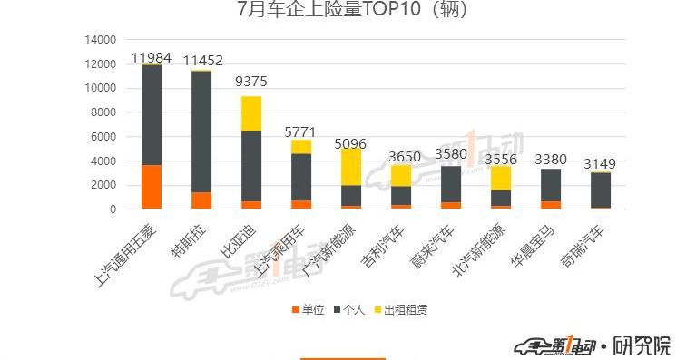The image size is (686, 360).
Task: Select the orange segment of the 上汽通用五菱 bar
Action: (152, 187)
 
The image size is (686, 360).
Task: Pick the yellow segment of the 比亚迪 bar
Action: (251, 113)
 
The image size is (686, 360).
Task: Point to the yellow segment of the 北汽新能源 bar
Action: (500, 178)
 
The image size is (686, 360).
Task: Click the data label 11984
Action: (152, 58)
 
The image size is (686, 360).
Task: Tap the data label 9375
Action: (251, 82)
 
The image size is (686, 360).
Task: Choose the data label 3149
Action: (600, 164)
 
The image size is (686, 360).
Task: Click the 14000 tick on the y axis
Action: (101, 40)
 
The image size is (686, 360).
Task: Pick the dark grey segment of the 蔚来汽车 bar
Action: (451, 184)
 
